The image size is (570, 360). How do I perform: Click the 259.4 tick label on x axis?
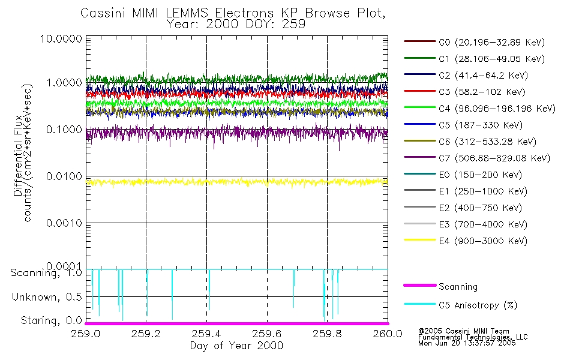pos(206,334)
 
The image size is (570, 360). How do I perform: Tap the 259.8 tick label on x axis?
pos(327,334)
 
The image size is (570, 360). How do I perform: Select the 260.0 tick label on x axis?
pos(387,334)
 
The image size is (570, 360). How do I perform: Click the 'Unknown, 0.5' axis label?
pos(46,297)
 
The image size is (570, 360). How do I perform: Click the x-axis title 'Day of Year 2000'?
pos(236,346)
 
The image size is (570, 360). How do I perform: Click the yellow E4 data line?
pos(240,181)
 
